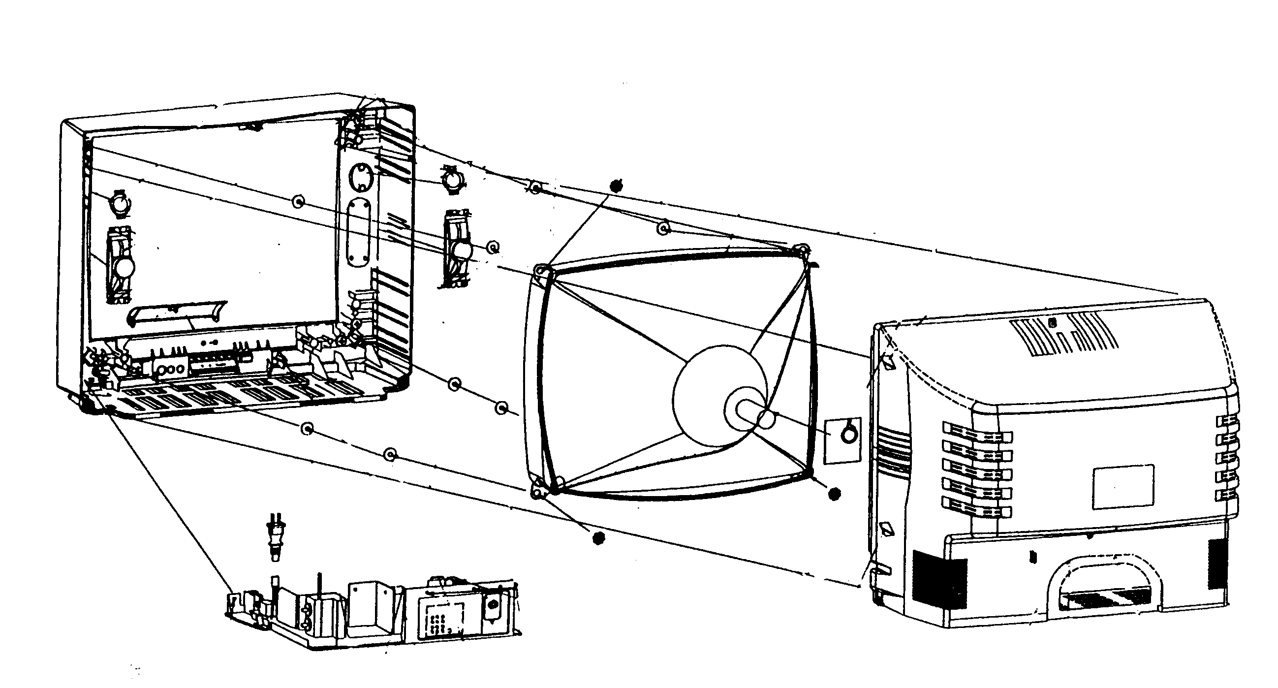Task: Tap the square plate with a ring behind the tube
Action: tap(842, 440)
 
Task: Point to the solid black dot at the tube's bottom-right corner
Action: tap(835, 494)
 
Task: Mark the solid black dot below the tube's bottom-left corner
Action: tap(599, 538)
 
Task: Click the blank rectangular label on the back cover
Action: tap(1123, 487)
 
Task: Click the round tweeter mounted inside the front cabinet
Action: tap(120, 204)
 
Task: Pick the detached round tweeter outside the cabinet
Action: tap(451, 181)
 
